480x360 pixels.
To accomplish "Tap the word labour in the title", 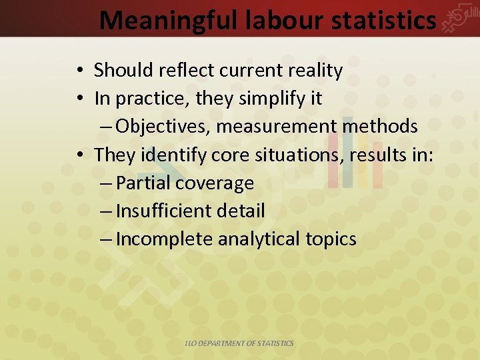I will click(x=278, y=21).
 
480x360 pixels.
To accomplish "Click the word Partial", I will click(x=139, y=183).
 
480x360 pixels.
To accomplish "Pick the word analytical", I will click(x=259, y=239).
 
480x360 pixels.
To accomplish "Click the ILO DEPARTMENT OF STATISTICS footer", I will click(x=239, y=343).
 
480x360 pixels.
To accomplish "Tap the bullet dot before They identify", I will click(x=79, y=156).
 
